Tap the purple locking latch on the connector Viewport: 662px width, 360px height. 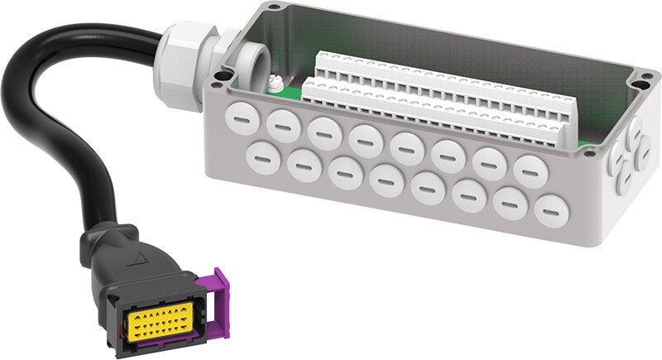point(217,304)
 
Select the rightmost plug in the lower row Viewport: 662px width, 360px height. point(550,212)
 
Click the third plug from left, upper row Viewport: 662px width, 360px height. point(324,132)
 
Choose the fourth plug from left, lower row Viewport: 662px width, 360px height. point(386,179)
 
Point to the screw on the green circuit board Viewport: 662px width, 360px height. point(271,83)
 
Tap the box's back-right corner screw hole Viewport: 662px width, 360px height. point(643,81)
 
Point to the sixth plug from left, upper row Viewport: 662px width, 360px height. point(448,155)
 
